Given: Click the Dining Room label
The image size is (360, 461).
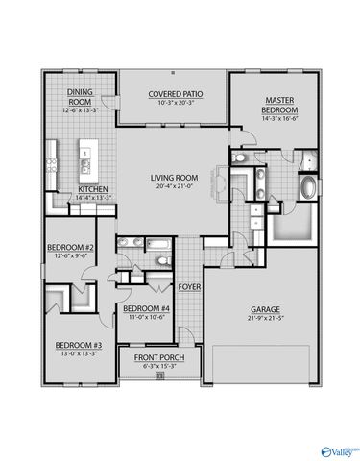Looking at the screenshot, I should pyautogui.click(x=79, y=96).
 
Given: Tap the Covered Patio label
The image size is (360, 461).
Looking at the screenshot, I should pyautogui.click(x=173, y=95).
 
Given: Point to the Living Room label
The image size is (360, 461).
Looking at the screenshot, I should pyautogui.click(x=174, y=177).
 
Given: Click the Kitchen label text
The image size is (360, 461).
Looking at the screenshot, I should pyautogui.click(x=92, y=189).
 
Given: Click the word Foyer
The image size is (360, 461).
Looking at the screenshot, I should pyautogui.click(x=189, y=286).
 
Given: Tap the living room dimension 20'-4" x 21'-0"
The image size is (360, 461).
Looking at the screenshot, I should pyautogui.click(x=174, y=185).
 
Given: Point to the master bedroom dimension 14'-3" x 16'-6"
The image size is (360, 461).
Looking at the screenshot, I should pyautogui.click(x=279, y=119).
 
